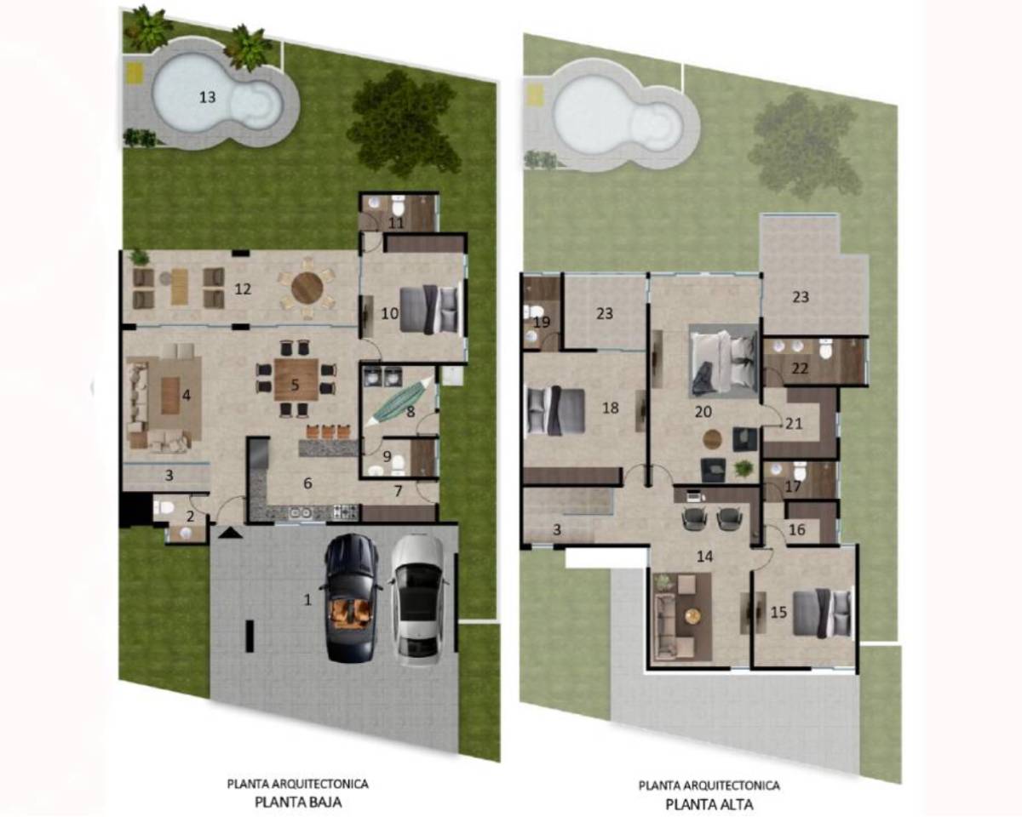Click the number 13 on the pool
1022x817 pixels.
[x=207, y=97]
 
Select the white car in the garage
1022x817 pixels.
[x=417, y=600]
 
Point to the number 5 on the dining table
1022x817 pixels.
[x=295, y=385]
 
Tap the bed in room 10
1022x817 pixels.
[x=431, y=308]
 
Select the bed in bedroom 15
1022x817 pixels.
[x=823, y=613]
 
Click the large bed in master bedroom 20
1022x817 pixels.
[x=723, y=363]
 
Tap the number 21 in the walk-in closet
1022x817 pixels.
[x=794, y=423]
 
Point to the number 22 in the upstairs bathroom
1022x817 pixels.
[x=801, y=368]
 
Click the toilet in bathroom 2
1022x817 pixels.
[x=163, y=508]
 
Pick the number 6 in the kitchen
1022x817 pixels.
[x=307, y=483]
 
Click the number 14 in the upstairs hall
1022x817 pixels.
[x=705, y=556]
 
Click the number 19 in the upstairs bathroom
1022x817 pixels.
[x=542, y=323]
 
